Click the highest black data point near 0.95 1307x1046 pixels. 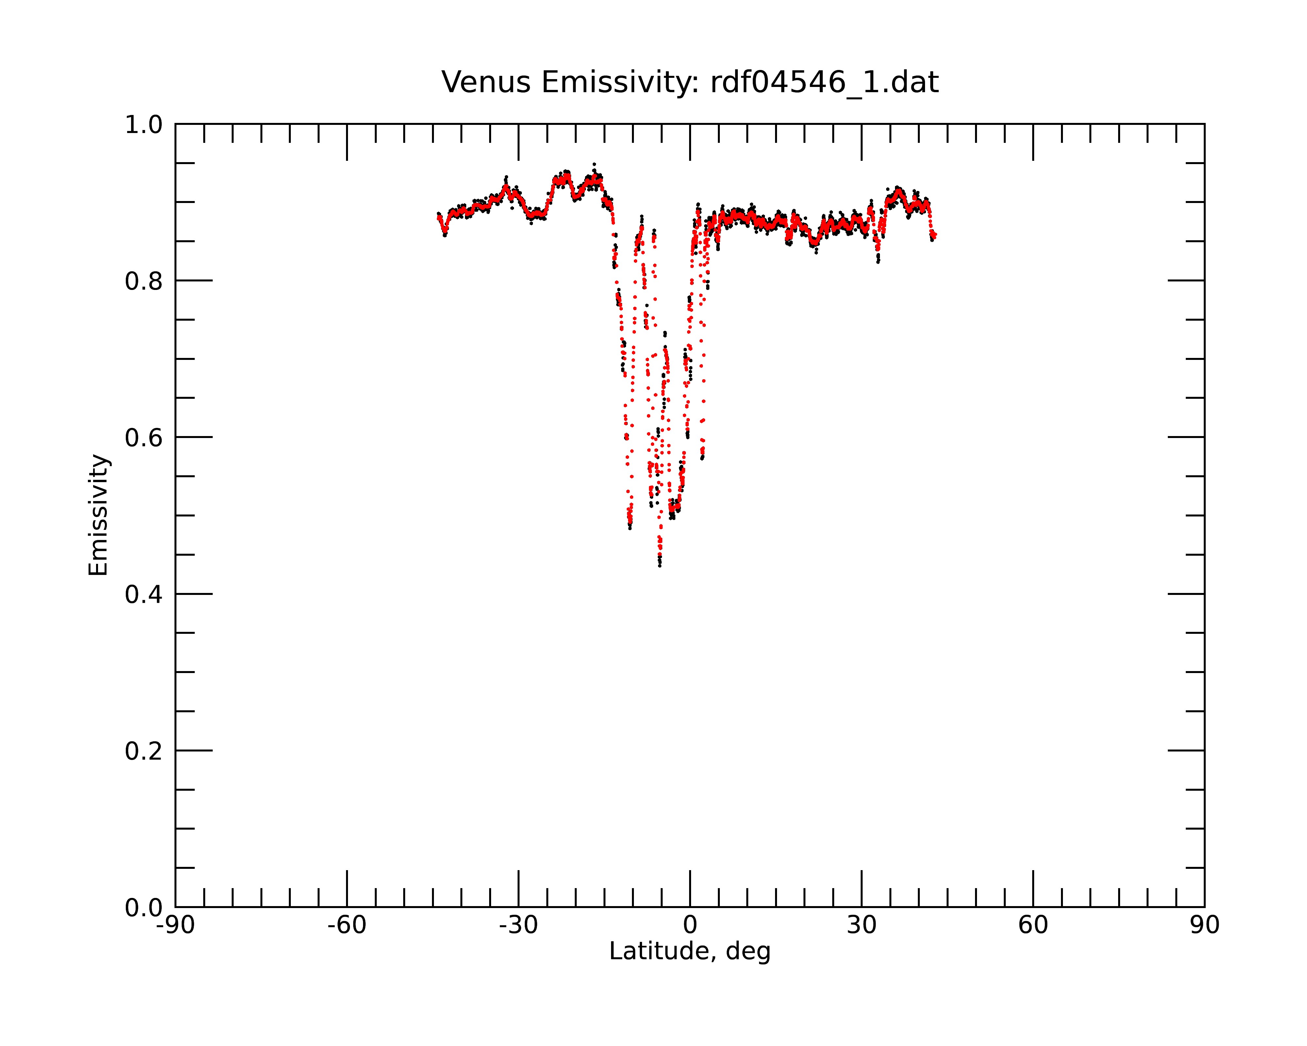[594, 164]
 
